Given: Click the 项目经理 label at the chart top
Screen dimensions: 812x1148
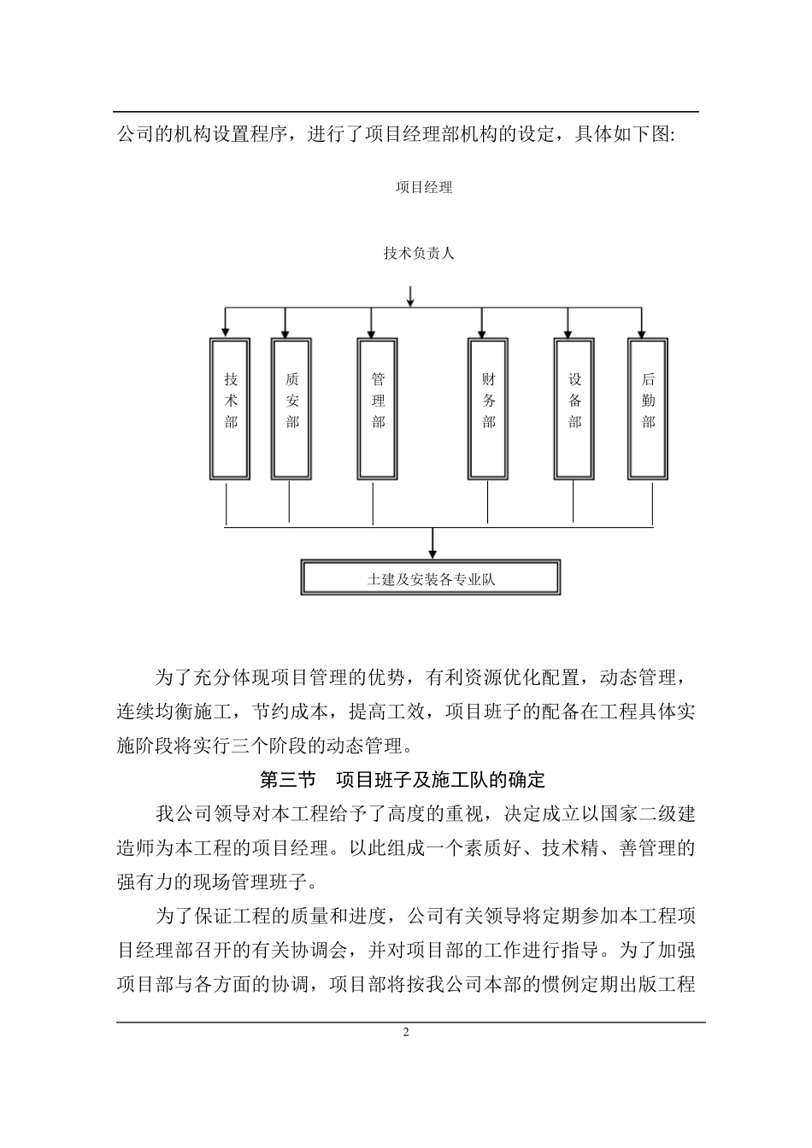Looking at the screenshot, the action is (424, 187).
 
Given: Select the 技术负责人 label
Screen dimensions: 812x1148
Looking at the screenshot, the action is (419, 253).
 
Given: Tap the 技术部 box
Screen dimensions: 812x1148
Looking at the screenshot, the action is (230, 408).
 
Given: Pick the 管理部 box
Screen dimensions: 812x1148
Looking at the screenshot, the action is (378, 408).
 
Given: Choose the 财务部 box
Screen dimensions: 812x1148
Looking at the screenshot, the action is (488, 408).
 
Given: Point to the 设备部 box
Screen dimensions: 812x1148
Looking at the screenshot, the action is (574, 408).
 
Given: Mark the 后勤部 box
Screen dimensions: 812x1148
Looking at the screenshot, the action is (648, 408).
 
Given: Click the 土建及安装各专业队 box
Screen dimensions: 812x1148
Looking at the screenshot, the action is (431, 578).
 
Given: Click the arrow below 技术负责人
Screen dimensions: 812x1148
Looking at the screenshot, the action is (410, 296).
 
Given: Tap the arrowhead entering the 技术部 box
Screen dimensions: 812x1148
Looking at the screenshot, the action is (225, 331).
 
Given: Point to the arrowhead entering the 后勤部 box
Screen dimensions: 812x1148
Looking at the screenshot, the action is (642, 331).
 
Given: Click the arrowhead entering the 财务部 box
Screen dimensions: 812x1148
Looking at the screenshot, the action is (482, 331).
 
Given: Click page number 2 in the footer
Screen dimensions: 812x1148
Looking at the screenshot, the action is (406, 1032).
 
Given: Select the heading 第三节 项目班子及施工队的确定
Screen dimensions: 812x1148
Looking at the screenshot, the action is (402, 780).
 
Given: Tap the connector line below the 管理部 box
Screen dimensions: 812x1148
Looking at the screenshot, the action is (374, 504).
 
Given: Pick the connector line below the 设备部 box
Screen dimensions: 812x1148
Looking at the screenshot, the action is (574, 504).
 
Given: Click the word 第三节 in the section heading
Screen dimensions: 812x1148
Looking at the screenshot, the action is (287, 780).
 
